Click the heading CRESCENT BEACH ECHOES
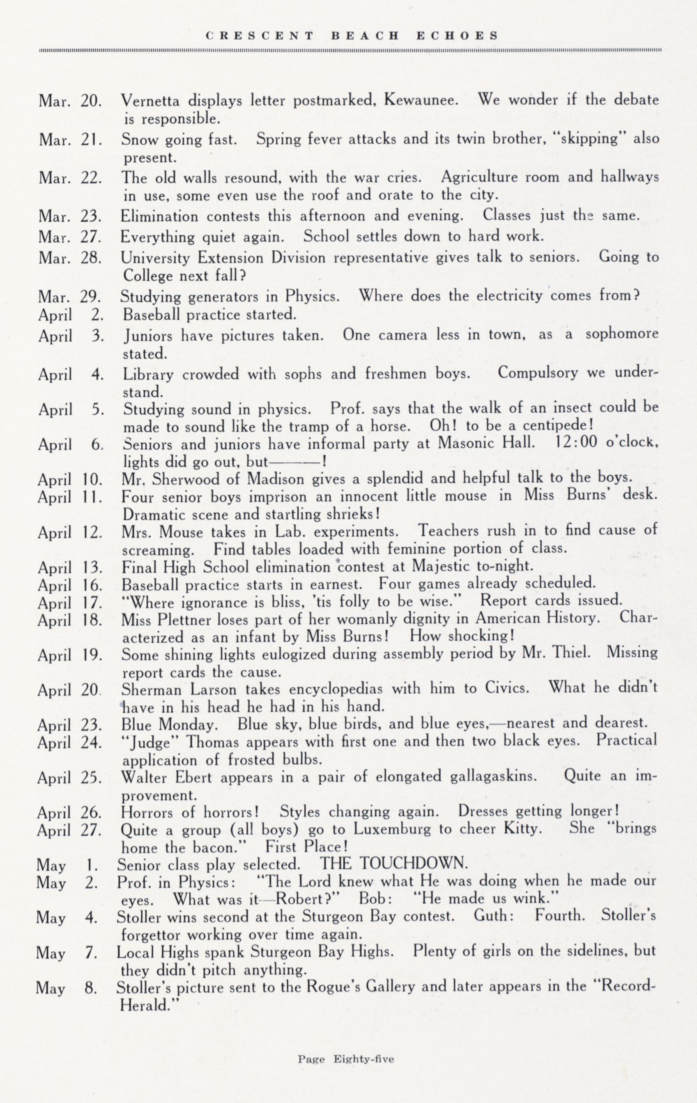352,35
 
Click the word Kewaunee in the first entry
421,100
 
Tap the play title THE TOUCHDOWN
393,863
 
